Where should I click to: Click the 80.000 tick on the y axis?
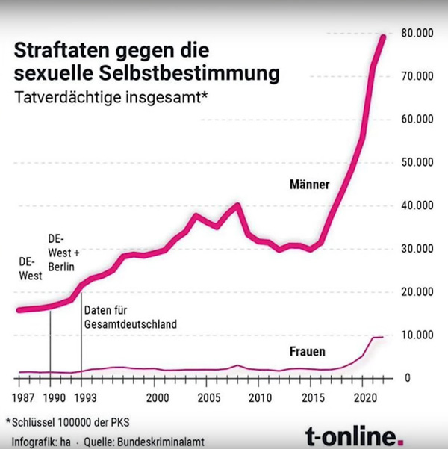click(x=417, y=34)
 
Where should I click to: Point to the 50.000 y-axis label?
click(x=417, y=163)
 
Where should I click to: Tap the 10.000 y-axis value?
click(x=417, y=335)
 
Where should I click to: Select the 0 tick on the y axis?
click(x=408, y=379)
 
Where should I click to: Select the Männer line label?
click(x=308, y=184)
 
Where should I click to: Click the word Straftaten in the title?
click(x=59, y=51)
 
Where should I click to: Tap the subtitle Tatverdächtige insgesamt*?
click(x=111, y=97)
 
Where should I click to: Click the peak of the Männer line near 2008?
click(x=237, y=204)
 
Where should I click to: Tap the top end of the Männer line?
click(x=384, y=37)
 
